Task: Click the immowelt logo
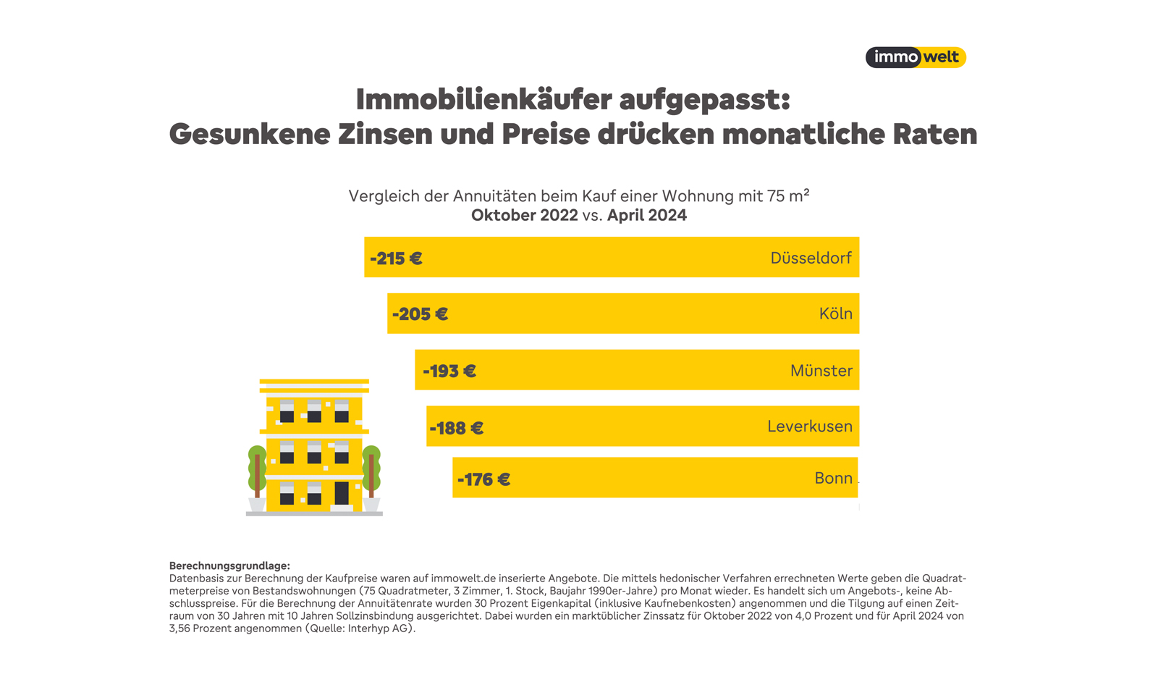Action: (916, 57)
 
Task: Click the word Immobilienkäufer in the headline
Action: (483, 100)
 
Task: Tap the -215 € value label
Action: (396, 258)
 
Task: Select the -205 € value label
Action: (420, 314)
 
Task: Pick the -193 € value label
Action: (449, 371)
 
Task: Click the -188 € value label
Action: (456, 428)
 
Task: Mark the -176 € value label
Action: (483, 479)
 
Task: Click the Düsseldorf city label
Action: (811, 258)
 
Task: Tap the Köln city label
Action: (835, 314)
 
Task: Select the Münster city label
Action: (821, 371)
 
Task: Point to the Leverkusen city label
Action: (809, 426)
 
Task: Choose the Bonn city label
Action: (833, 478)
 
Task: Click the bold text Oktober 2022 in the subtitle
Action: (524, 216)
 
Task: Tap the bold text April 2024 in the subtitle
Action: (646, 216)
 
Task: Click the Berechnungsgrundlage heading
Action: (229, 565)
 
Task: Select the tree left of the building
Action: (257, 471)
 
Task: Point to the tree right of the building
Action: (371, 471)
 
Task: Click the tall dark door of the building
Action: (342, 494)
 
